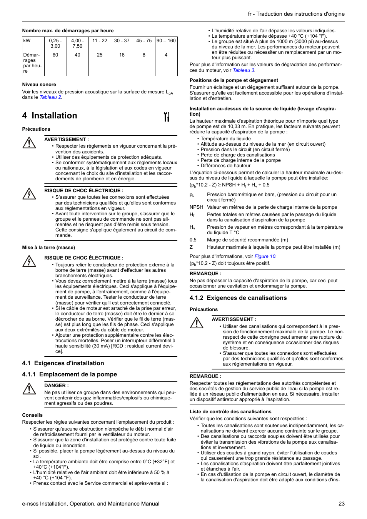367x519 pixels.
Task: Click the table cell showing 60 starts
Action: pyautogui.click(x=55, y=55)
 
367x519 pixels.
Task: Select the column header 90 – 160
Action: pyautogui.click(x=166, y=41)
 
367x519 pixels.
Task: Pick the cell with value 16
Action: pyautogui.click(x=122, y=55)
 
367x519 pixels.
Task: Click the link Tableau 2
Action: pyautogui.click(x=50, y=97)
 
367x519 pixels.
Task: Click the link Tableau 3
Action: pyautogui.click(x=244, y=70)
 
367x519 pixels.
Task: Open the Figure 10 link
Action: pyautogui.click(x=265, y=256)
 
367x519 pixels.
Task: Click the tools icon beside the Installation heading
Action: pyautogui.click(x=167, y=116)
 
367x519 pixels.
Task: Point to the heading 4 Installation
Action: pyautogui.click(x=50, y=116)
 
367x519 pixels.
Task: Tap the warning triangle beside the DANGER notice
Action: pyautogui.click(x=29, y=389)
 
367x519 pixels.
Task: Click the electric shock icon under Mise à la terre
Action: pyautogui.click(x=29, y=261)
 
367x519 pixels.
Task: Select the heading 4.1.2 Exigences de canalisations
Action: pyautogui.click(x=238, y=298)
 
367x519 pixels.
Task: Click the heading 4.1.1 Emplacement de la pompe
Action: pyautogui.click(x=70, y=374)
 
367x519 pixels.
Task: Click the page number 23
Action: pyautogui.click(x=341, y=504)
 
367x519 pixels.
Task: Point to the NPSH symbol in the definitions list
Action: pyautogui.click(x=196, y=207)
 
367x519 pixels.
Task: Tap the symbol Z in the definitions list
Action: pyautogui.click(x=191, y=247)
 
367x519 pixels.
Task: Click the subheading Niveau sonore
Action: pyautogui.click(x=39, y=85)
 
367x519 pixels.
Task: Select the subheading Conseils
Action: pyautogui.click(x=32, y=415)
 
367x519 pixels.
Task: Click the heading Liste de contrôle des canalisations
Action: pyautogui.click(x=230, y=412)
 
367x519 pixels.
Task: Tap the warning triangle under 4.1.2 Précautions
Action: pyautogui.click(x=197, y=323)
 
